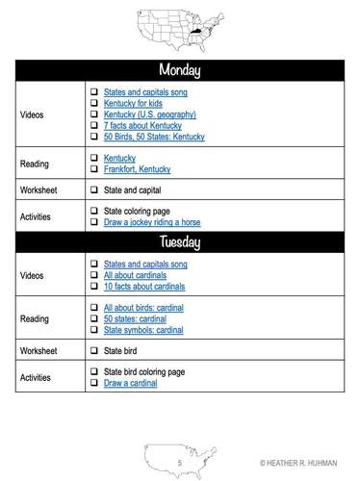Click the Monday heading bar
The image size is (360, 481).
[179, 70]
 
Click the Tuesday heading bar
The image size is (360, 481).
[179, 240]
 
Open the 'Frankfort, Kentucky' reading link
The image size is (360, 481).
[137, 169]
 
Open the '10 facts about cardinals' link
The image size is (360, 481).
[144, 287]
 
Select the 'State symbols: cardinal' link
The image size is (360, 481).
[143, 330]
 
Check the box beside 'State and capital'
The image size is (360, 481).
[94, 190]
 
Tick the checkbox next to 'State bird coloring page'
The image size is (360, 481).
[94, 372]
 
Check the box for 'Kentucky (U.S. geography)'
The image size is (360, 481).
[94, 114]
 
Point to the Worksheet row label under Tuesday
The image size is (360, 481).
[39, 351]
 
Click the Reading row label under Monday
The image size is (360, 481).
[35, 164]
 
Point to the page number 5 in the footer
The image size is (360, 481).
[179, 463]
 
